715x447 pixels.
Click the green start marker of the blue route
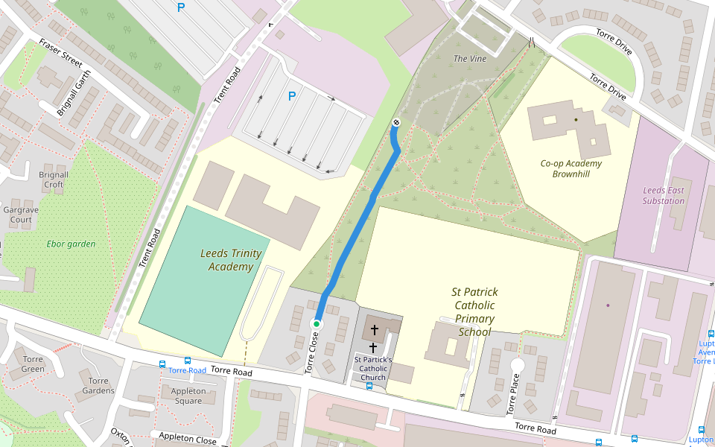[x=317, y=323]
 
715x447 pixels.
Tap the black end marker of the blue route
[x=396, y=123]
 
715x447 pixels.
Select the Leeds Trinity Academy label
[x=231, y=260]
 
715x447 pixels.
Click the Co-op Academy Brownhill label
[x=571, y=168]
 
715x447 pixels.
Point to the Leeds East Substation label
[x=664, y=195]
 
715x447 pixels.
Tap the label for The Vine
[x=470, y=58]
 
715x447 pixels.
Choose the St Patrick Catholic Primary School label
[x=474, y=311]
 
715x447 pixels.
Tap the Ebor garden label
[x=71, y=244]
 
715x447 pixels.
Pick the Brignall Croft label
[x=54, y=180]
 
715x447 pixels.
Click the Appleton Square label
[x=188, y=396]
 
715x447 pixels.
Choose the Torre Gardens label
[x=98, y=385]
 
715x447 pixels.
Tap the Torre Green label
[x=33, y=364]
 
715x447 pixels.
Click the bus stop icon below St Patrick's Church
[x=369, y=386]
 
